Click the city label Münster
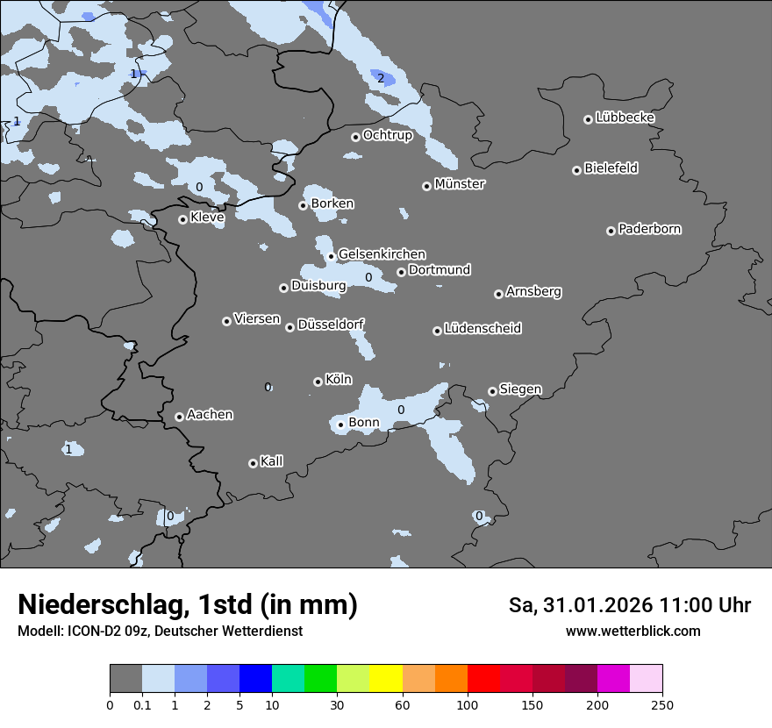point(460,184)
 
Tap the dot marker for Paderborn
point(611,231)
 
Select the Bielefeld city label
point(611,168)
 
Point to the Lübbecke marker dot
point(588,119)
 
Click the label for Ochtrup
point(388,135)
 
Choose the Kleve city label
point(207,218)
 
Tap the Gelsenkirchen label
point(382,254)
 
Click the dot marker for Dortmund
point(401,272)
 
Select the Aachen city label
point(210,415)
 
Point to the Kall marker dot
point(253,463)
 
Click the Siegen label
point(520,389)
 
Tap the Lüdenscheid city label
point(482,329)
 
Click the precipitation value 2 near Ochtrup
point(381,78)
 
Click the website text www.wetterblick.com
point(633,632)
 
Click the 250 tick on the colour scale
point(662,705)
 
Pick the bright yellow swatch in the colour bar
point(386,679)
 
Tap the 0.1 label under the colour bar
point(142,705)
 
